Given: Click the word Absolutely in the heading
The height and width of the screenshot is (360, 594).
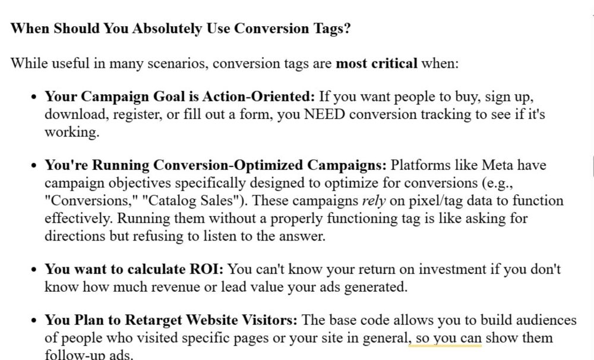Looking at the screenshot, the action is tap(167, 29).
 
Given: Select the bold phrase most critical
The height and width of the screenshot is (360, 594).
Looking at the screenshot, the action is tap(377, 64).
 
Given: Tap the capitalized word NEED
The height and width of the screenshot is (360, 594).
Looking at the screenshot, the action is tap(324, 114).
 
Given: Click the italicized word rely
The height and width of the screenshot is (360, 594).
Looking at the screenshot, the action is tap(374, 201).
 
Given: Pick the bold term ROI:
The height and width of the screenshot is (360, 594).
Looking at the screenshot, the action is tap(206, 269).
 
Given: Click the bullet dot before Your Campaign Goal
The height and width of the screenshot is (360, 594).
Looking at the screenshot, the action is tap(34, 97).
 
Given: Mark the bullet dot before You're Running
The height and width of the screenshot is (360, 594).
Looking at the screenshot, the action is tap(34, 166).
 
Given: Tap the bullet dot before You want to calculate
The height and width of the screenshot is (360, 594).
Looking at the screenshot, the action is tap(34, 270).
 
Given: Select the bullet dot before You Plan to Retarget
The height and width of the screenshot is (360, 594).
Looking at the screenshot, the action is tap(34, 321).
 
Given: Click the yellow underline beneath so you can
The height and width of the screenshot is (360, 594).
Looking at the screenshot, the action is tap(445, 345).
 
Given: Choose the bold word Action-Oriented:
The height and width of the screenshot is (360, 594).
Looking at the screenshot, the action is tap(259, 96).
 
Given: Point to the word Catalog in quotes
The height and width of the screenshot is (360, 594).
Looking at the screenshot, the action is tap(169, 200).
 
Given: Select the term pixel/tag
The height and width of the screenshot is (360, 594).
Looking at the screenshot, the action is tap(435, 201).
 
